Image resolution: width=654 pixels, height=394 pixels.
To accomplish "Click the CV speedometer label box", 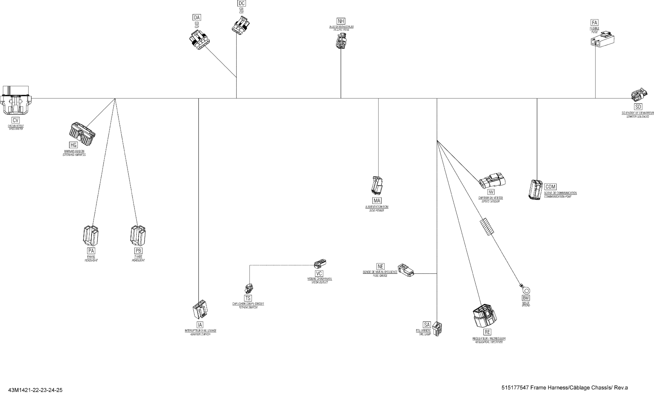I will pos(16,120).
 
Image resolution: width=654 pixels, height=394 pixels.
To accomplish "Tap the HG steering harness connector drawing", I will pos(82,134).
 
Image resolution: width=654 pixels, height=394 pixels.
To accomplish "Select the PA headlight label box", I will pos(91,251).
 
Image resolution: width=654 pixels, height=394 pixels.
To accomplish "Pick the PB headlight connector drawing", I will pos(138,236).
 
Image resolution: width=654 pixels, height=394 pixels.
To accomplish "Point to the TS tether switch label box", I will pos(248,298).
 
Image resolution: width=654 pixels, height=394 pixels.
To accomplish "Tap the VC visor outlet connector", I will pos(320,264).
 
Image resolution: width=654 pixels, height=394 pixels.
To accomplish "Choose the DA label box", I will pos(197,18).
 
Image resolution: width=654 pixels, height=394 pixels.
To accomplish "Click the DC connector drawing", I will pos(241,25).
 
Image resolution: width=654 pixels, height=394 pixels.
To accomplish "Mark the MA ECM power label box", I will pos(377,200).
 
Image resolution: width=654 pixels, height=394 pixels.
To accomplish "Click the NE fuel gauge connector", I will pos(405,270).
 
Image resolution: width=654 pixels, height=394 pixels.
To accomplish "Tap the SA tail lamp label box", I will pos(427,325).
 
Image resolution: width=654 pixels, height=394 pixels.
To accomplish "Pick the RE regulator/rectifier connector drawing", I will pos(485,316).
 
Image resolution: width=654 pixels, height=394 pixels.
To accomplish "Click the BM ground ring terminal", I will pos(525,290).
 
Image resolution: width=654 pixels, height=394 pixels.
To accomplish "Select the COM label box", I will pos(550,187).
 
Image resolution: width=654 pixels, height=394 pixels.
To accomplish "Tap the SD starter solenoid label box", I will pos(638,107).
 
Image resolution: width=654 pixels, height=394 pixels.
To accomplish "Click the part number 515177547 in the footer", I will pos(515,388).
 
